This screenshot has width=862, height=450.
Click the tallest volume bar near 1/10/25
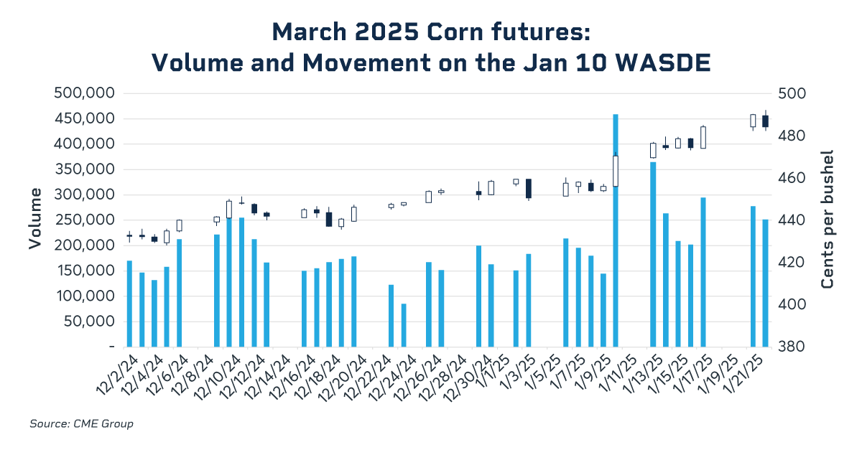[616, 230]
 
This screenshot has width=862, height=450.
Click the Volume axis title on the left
[34, 220]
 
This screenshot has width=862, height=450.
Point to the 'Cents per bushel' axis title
[828, 220]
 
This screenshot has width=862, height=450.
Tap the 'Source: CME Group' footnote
[81, 424]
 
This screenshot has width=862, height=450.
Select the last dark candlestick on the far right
[766, 121]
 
